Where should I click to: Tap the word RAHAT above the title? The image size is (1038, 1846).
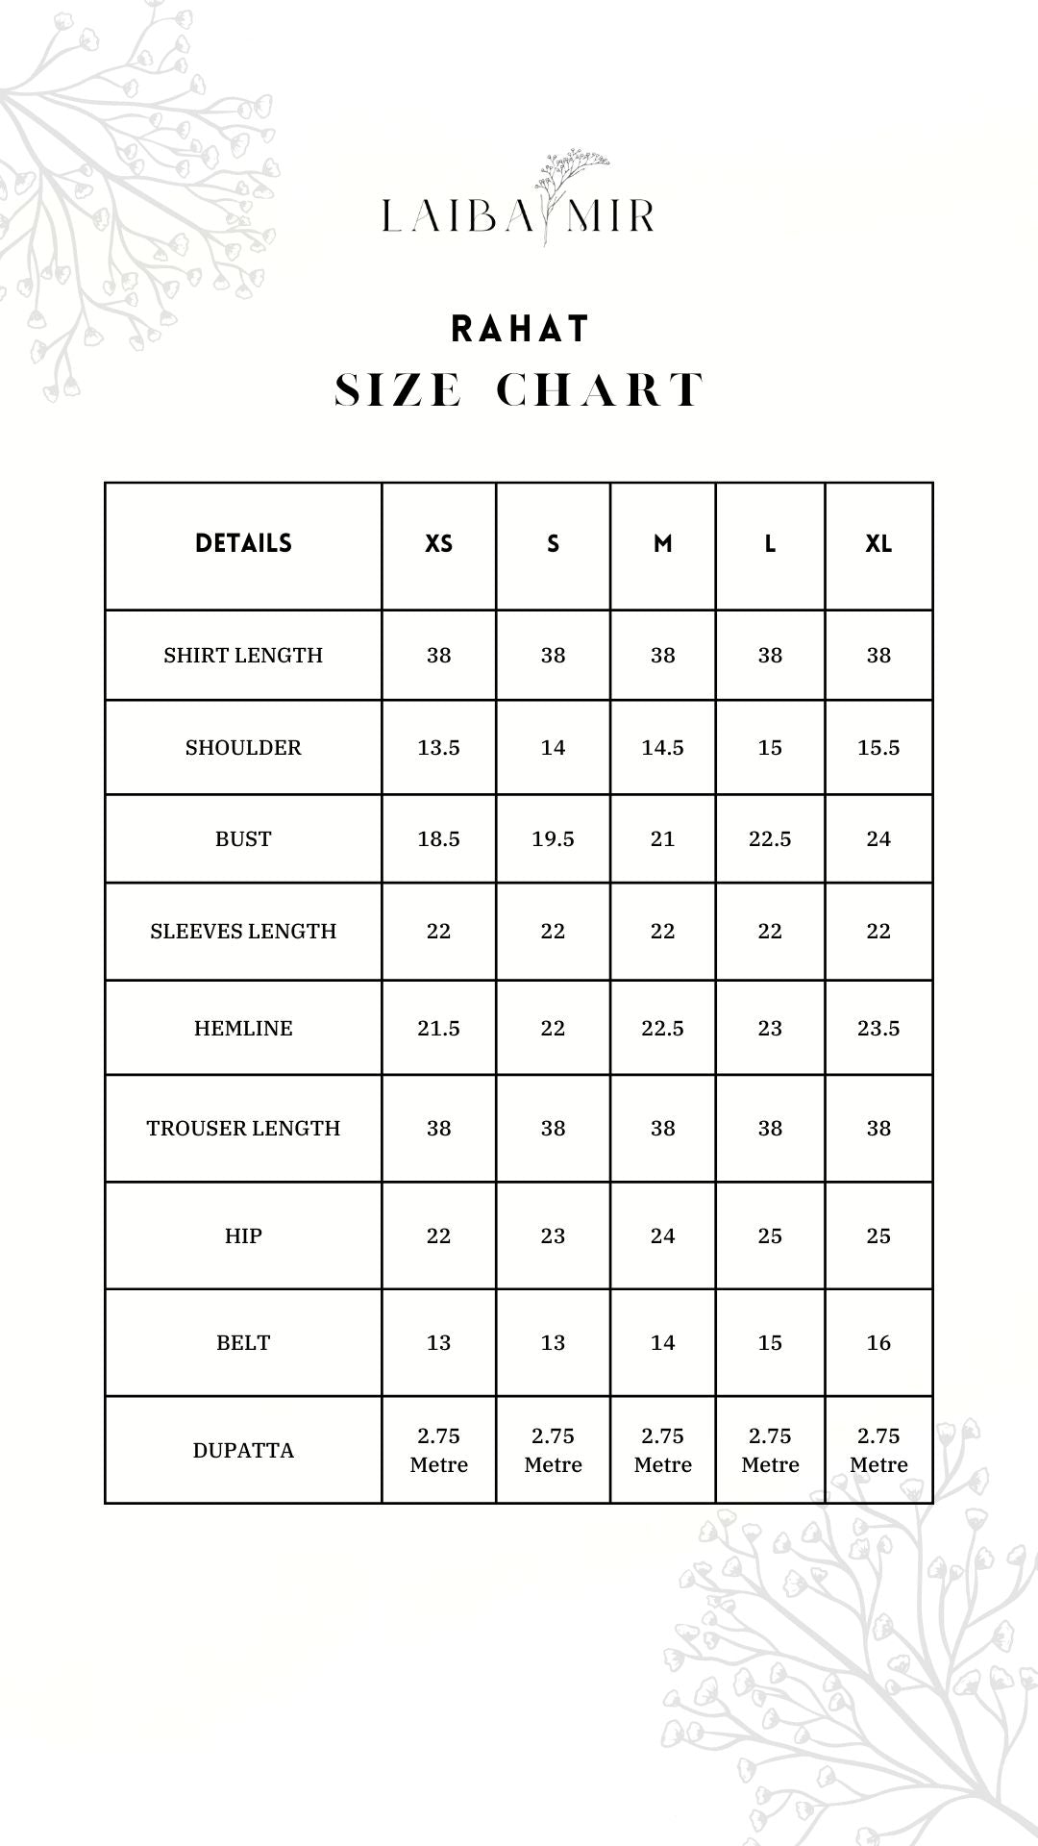(520, 330)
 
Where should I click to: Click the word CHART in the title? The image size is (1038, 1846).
(601, 390)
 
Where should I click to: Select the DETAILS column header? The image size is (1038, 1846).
(243, 544)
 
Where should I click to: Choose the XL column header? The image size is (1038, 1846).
(878, 544)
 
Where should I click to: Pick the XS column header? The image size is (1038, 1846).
(438, 544)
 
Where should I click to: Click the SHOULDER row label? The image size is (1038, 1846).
(243, 748)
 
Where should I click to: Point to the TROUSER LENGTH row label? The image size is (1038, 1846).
(243, 1129)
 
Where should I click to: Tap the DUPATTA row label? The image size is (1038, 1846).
(243, 1451)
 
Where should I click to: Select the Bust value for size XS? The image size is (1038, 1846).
(438, 839)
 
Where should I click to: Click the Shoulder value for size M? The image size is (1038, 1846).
(662, 748)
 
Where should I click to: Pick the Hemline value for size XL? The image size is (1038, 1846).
(878, 1029)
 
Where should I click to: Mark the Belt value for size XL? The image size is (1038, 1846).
(878, 1343)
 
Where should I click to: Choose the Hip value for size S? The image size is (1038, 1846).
(553, 1236)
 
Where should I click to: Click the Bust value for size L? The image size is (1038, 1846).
(770, 839)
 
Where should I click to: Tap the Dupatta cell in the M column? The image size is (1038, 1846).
(662, 1451)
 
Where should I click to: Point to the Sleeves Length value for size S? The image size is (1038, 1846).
(553, 932)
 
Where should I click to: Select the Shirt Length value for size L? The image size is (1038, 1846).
(770, 656)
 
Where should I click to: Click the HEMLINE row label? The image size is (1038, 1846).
(243, 1029)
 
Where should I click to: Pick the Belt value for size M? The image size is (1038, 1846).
(662, 1343)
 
